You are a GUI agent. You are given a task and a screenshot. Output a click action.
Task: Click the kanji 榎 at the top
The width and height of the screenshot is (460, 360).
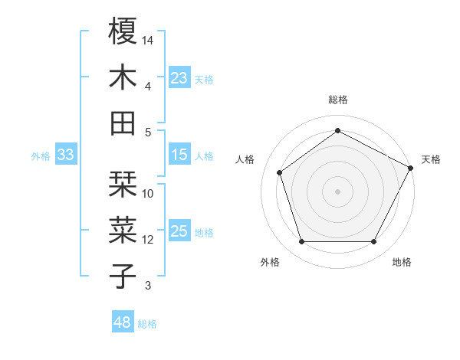123,32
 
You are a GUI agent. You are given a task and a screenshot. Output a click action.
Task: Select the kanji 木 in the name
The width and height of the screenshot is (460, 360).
123,77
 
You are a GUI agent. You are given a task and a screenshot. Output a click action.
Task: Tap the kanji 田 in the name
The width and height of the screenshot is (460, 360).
123,123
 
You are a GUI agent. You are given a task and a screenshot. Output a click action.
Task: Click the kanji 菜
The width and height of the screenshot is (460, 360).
123,231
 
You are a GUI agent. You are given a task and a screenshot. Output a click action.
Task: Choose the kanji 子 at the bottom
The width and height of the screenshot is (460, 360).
123,276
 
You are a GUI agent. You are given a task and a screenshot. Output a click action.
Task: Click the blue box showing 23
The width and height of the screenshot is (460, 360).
179,78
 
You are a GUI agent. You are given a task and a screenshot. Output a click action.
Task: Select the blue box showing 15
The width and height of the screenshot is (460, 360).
179,155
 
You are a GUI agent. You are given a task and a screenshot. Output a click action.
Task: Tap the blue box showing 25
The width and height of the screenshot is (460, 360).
179,232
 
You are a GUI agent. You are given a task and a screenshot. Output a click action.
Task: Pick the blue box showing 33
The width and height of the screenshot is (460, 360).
65,155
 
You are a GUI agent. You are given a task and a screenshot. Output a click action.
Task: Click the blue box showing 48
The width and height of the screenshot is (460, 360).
123,323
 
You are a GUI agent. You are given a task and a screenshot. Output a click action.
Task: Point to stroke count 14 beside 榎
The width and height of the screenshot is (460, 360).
149,40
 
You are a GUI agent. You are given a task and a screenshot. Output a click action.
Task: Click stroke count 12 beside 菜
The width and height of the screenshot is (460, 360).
149,240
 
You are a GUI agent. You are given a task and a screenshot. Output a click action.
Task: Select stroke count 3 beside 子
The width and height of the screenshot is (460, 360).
149,286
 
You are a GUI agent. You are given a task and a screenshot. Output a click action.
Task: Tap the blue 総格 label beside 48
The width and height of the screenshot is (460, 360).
147,324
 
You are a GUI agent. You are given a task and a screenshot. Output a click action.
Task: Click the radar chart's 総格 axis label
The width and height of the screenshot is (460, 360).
337,100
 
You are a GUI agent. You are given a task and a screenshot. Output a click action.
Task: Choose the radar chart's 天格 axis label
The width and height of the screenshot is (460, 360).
431,159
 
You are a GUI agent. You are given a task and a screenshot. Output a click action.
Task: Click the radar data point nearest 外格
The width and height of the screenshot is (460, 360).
301,242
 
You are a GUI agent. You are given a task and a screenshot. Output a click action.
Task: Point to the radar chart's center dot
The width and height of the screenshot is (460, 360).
337,191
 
